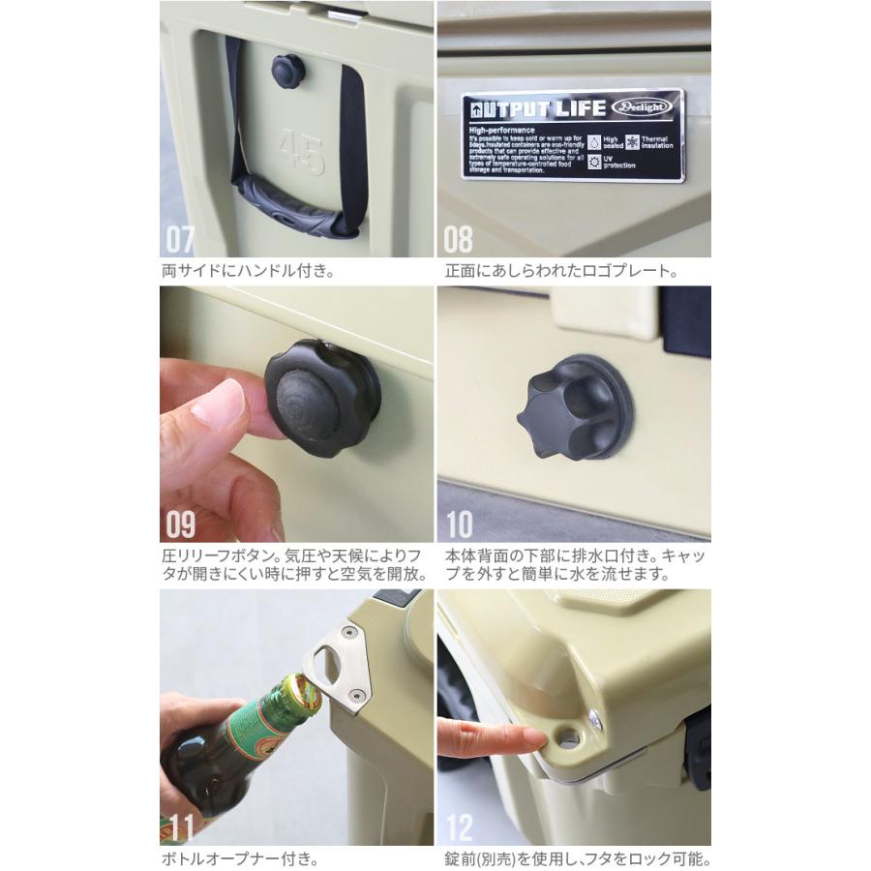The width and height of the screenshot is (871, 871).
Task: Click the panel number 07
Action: [181, 239]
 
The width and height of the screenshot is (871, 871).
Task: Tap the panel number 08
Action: [458, 239]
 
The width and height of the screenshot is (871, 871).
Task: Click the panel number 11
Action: [180, 827]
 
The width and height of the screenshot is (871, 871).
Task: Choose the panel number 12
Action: [458, 827]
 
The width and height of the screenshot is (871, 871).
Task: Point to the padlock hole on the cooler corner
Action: [569, 738]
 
